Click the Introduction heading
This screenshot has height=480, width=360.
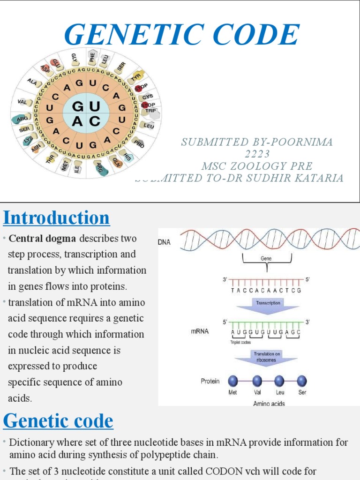56,218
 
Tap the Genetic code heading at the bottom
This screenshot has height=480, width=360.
58,421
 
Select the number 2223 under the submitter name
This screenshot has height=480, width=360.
257,154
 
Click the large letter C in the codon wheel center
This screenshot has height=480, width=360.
95,121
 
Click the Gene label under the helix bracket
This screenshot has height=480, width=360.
266,258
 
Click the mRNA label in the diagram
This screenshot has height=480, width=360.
199,331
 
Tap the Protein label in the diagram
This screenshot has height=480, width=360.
210,381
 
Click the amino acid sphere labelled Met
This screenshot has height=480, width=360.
232,381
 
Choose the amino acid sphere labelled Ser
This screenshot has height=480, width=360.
302,381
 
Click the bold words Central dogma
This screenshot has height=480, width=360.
42,238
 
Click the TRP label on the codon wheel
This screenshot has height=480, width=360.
150,111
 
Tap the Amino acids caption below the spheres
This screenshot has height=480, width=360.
269,403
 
